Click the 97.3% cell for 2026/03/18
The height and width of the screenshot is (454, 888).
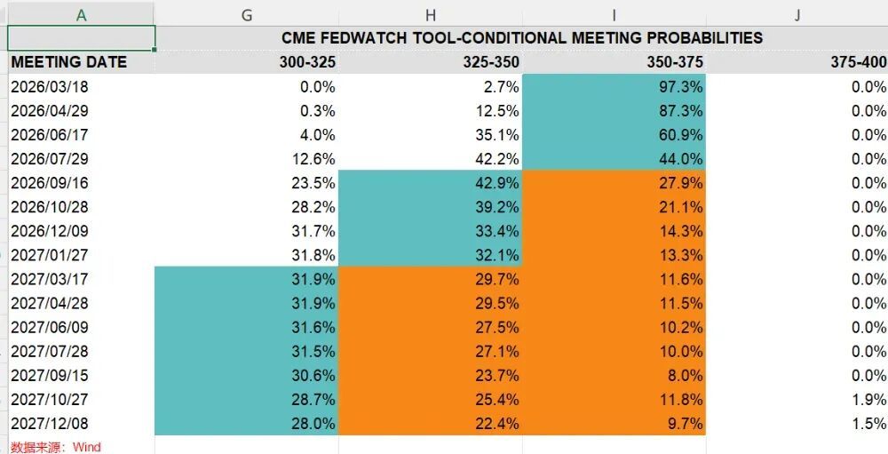678,87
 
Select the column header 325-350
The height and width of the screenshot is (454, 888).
491,62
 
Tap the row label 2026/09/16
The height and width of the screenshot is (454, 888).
50,183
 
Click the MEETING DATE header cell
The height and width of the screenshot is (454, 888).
69,62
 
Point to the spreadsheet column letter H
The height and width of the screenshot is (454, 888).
431,14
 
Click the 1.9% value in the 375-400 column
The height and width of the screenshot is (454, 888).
868,400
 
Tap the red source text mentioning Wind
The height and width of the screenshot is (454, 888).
56,447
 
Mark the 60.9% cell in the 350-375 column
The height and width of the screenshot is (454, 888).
678,135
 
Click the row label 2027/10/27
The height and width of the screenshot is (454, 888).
50,400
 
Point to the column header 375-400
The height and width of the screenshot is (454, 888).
859,62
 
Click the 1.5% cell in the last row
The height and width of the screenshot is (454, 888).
868,424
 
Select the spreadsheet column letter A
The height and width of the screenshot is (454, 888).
81,14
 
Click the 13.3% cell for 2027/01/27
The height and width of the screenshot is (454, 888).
678,255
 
